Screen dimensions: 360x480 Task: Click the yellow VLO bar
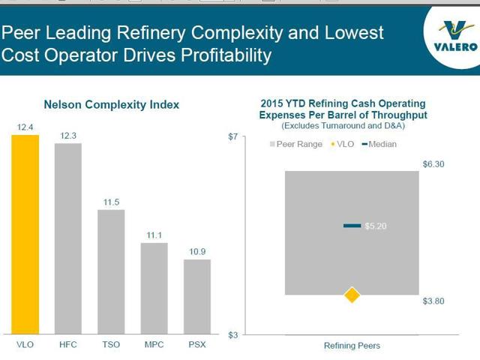[25, 234]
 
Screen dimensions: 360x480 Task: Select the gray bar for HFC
[68, 238]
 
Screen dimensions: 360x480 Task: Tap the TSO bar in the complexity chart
[111, 271]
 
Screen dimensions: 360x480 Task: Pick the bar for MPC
[154, 288]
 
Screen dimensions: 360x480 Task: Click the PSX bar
[197, 296]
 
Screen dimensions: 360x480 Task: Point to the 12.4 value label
[25, 127]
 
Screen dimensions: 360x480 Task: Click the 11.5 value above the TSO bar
[111, 202]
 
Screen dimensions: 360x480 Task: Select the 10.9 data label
[197, 252]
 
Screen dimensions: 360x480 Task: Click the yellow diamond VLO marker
[352, 295]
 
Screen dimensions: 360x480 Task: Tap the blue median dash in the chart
[352, 226]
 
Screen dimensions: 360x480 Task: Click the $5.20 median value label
[376, 226]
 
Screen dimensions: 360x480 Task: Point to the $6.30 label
[433, 163]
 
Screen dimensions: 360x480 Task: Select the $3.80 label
[433, 301]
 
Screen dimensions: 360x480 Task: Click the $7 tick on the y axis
[232, 136]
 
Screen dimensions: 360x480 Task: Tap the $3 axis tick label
[232, 334]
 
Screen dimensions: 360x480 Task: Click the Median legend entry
[379, 144]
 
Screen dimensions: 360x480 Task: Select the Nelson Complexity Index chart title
[111, 105]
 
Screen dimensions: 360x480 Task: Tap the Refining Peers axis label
[352, 346]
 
